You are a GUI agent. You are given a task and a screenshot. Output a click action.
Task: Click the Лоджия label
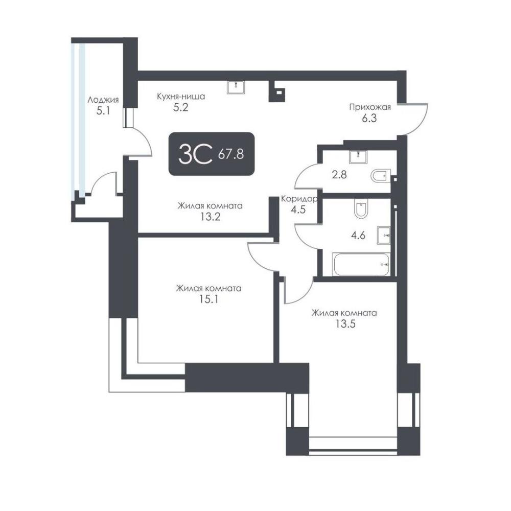coord(103,100)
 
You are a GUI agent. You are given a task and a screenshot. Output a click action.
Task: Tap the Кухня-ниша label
coord(181,97)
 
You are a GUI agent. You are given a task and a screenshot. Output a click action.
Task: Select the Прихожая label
coord(370,107)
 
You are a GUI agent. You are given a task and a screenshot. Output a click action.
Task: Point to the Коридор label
coord(299,199)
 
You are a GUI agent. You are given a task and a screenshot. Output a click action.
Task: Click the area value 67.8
coord(231,153)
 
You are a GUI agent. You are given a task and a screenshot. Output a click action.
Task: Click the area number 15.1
coord(209,299)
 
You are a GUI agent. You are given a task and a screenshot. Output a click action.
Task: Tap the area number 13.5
coord(345,323)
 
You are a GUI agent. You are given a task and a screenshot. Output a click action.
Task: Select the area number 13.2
coord(210,216)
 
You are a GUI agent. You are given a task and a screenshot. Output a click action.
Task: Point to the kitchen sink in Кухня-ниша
coord(236,87)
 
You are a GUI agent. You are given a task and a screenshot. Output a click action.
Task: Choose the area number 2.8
coord(339,175)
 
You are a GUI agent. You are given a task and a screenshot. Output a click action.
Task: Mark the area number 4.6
coord(358,235)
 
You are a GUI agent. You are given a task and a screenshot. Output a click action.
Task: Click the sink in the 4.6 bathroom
coord(384,235)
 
